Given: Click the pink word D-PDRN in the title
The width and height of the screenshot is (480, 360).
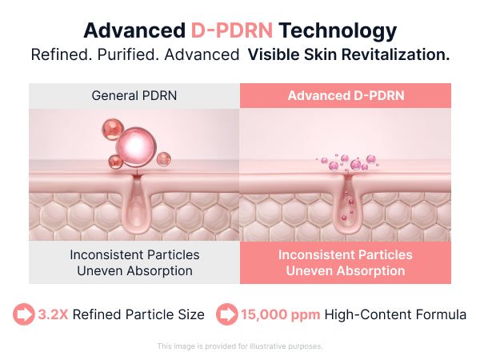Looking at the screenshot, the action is point(232,30).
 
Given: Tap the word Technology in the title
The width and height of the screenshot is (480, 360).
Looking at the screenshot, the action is point(338,31).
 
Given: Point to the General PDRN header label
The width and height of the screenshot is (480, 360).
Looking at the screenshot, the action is point(134,95).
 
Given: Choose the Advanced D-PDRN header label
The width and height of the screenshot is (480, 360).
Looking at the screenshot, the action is point(346,95).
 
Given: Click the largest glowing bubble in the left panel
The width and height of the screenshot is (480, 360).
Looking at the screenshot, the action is point(136,147).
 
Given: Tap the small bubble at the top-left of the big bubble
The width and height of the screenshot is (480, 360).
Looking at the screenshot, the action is point(113,129).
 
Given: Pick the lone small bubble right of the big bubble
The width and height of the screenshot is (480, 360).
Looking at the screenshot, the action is point(164,159).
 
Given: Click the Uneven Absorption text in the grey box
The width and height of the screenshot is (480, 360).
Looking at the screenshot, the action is point(134,271).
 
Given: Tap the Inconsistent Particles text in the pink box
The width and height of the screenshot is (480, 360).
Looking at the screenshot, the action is point(346,254).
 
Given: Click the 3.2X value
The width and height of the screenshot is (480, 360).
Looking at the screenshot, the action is point(53,314).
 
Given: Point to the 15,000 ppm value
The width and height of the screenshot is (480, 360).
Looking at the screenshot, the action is point(281,314).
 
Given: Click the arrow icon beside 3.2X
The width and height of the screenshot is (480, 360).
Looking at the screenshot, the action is point(24,314).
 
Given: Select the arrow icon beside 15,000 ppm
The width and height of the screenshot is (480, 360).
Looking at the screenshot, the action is point(227,314).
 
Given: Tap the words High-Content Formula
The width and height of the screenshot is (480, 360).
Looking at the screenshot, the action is point(395,314).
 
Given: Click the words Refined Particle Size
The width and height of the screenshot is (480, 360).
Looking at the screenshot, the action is point(138,314).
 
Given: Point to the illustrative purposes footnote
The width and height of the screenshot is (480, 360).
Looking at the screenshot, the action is point(240,346).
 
